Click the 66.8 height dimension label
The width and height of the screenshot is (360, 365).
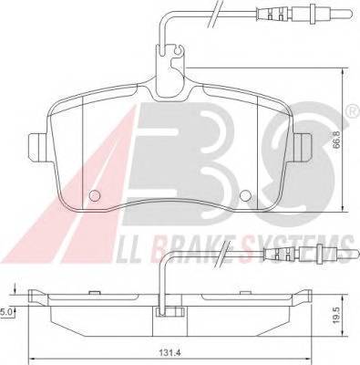point(336,140)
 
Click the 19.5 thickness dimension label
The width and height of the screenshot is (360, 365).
point(336,317)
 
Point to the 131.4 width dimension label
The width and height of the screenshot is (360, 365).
point(166,353)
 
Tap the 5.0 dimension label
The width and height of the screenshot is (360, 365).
point(6,312)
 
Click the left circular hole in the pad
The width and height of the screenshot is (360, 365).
point(95,195)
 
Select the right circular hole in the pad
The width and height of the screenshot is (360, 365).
point(245,195)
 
